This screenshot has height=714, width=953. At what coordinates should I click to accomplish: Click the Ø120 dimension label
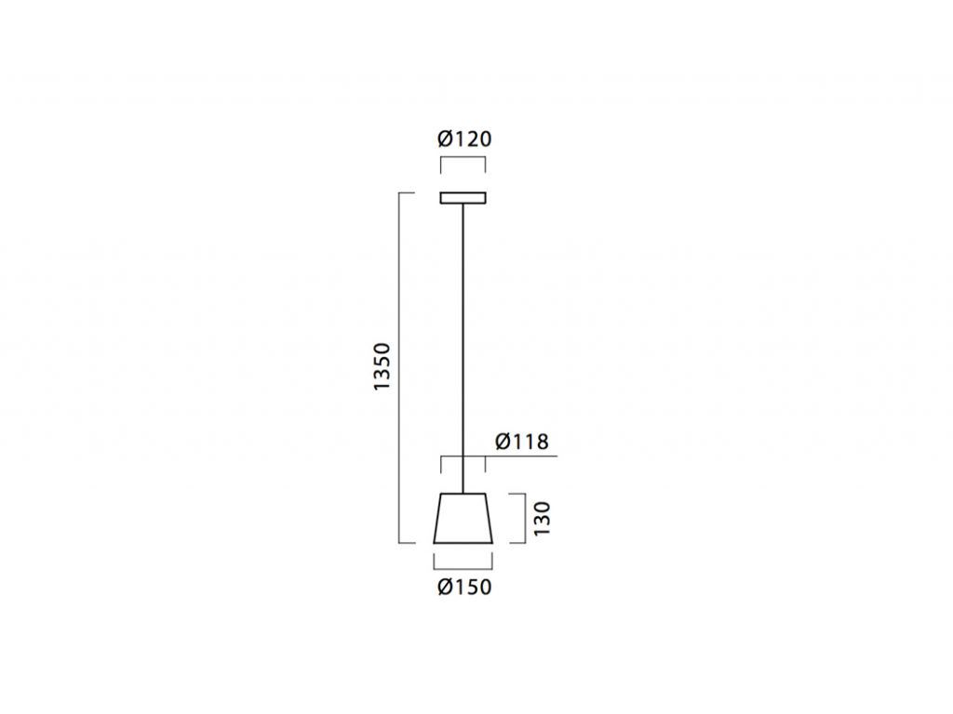[x=464, y=139]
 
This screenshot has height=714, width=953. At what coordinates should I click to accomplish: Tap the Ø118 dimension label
[x=522, y=442]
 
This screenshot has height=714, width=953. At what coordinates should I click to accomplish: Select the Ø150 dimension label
[x=464, y=587]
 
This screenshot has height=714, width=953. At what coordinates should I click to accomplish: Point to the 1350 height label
[x=383, y=366]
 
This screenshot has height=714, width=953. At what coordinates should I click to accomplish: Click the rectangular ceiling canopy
[x=463, y=198]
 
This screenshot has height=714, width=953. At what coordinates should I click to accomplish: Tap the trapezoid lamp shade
[x=463, y=518]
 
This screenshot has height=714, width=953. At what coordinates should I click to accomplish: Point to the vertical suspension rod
[x=463, y=348]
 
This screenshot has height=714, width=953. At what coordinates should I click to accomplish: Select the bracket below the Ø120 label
[x=463, y=157]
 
